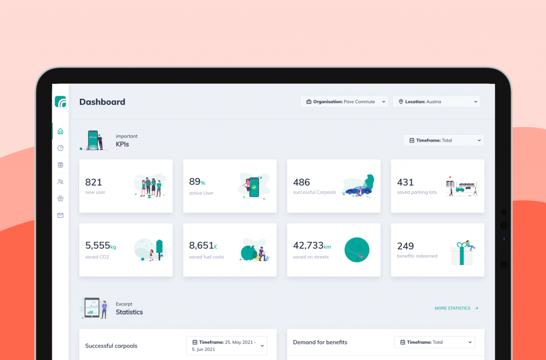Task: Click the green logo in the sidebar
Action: coord(60,101)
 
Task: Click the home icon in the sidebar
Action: coord(60,131)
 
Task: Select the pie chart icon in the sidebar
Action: coord(60,148)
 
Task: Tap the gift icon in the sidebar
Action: coord(60,165)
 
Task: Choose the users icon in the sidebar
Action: coord(60,182)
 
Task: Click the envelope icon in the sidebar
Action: coord(60,215)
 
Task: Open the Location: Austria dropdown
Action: coord(436,102)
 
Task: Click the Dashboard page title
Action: coord(102,102)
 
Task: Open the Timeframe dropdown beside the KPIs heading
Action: coord(443,141)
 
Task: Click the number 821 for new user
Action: coord(93,182)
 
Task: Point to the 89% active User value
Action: coord(197,182)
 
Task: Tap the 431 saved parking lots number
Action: coord(405,182)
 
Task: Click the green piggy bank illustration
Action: coord(249,253)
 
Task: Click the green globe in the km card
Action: coord(357,250)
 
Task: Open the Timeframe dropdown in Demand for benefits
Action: coord(434,342)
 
